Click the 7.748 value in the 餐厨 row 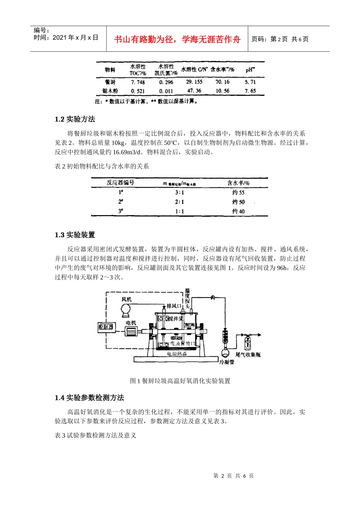click(x=138, y=82)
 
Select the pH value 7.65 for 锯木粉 click(x=250, y=91)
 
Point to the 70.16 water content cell click(x=222, y=82)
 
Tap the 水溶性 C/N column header click(x=194, y=69)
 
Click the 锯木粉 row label click(x=110, y=91)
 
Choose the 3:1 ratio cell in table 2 click(x=179, y=192)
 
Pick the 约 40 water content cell click(x=238, y=211)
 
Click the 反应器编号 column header click(x=121, y=183)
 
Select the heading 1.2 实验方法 click(x=75, y=119)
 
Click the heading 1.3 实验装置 click(x=75, y=235)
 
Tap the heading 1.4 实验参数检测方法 click(x=89, y=398)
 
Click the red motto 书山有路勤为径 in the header click(x=177, y=39)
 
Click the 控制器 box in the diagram click(x=106, y=326)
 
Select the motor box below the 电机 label click(x=132, y=331)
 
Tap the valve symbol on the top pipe click(x=213, y=298)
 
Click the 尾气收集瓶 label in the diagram click(x=248, y=355)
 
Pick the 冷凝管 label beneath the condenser click(x=227, y=362)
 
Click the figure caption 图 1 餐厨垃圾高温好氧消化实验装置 click(x=180, y=381)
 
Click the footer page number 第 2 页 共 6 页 click(x=233, y=476)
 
